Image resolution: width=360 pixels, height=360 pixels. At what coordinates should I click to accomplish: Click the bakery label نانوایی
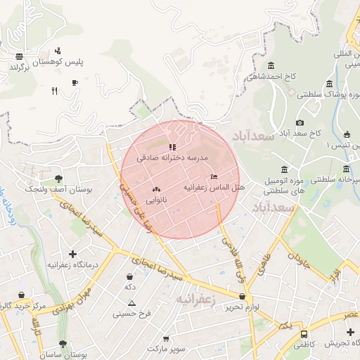pos(155,200)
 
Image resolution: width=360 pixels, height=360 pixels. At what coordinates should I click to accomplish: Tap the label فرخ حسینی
pos(131,314)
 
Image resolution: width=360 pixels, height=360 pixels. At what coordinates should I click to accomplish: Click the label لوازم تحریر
pos(243,307)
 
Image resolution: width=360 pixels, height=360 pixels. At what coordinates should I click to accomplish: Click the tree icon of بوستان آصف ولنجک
pos(58,179)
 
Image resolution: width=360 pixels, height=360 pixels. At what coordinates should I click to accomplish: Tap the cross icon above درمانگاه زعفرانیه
pos(72,254)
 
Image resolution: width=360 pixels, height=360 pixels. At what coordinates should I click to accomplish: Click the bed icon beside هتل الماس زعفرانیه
pos(214,176)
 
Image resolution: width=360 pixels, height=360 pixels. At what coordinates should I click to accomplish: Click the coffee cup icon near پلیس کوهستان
pos(75,83)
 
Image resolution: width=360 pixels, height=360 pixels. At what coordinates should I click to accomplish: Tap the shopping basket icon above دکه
pos(129,277)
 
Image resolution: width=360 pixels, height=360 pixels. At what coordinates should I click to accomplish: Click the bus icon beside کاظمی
pos(304,334)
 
